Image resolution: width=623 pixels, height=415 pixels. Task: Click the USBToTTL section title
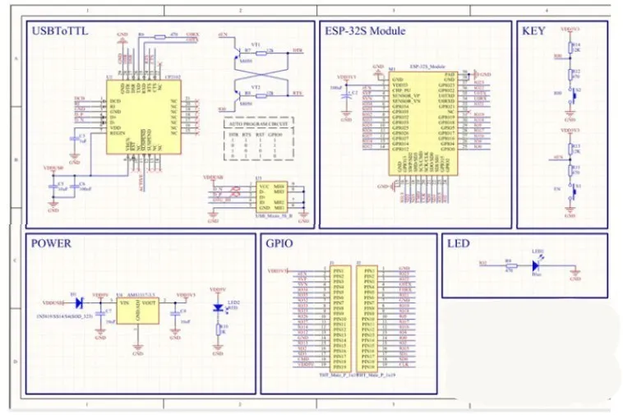point(59,31)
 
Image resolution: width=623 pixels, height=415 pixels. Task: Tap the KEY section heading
point(534,31)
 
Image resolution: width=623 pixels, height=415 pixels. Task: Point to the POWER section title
point(51,243)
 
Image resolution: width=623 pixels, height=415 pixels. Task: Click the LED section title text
point(457,243)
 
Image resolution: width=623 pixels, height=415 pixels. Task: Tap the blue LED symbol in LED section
point(535,265)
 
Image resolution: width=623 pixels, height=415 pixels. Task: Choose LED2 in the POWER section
point(219,307)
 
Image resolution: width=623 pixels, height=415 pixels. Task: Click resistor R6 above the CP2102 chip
point(159,37)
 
